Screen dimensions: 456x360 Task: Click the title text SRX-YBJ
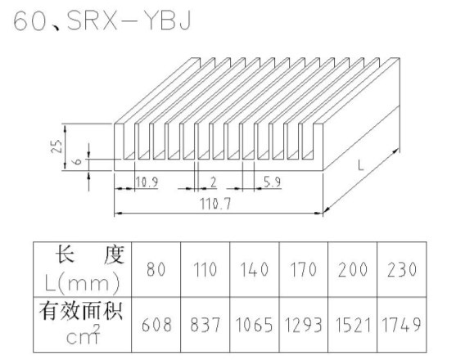tap(129, 21)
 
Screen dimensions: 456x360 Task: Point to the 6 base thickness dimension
tap(78, 160)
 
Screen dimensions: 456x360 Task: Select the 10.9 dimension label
tap(147, 182)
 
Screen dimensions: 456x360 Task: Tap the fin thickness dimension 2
tap(214, 182)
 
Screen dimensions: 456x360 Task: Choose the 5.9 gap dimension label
tap(273, 182)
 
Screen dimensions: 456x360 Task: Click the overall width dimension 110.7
tap(215, 204)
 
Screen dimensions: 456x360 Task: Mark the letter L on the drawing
tap(360, 166)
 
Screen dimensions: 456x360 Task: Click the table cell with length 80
tap(156, 269)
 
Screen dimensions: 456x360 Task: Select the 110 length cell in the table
tap(205, 269)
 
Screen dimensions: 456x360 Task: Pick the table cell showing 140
tap(254, 269)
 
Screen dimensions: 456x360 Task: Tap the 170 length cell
tap(304, 269)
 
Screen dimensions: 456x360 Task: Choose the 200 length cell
tap(353, 269)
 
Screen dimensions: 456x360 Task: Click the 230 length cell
tap(402, 269)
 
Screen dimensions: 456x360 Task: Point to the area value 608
tap(156, 325)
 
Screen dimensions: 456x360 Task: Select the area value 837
tap(205, 325)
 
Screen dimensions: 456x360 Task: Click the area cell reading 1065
tap(254, 325)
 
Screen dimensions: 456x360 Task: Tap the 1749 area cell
tap(402, 325)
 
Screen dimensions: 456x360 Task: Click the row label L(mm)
tap(83, 283)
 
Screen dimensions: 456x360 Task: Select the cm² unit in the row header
tap(84, 335)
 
